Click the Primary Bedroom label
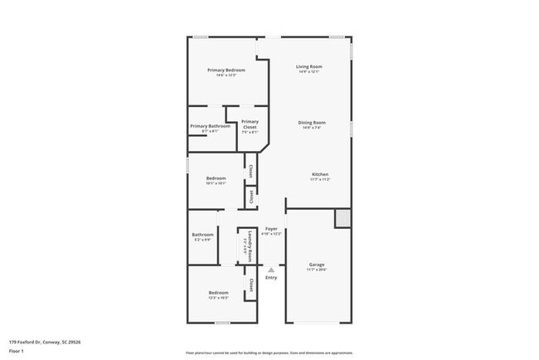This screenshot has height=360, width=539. [x=221, y=70]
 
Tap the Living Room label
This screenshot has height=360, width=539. [x=310, y=66]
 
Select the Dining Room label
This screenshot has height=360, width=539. [x=311, y=123]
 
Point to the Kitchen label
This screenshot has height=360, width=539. [x=321, y=174]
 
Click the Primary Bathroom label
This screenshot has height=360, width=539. [x=210, y=126]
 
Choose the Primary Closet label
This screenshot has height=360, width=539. [x=250, y=124]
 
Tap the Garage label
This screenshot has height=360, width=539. [x=317, y=265]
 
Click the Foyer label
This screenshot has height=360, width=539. [x=271, y=229]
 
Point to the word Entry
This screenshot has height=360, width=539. [x=271, y=277]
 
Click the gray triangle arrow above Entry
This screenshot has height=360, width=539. [x=271, y=269]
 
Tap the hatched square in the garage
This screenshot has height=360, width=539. [x=342, y=217]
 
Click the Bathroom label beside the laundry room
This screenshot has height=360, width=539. [x=203, y=235]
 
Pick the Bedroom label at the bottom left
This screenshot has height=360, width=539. [x=218, y=293]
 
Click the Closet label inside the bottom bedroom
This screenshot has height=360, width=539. [x=250, y=285]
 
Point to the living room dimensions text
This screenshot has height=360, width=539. [x=310, y=72]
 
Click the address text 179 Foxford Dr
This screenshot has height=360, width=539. [x=45, y=341]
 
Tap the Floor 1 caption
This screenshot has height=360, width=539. [x=17, y=351]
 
